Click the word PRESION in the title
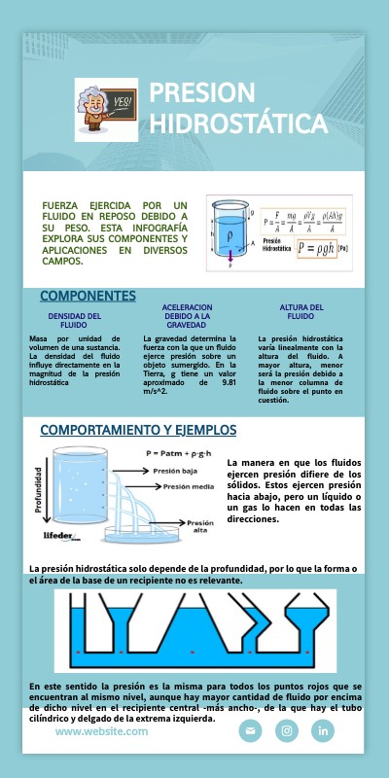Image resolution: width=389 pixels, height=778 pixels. point(201,92)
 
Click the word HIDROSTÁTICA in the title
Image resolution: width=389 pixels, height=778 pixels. point(237,124)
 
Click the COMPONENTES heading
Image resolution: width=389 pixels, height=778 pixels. point(88,296)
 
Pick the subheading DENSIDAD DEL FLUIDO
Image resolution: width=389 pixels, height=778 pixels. point(74,320)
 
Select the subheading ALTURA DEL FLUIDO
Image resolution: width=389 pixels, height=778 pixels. point(301,311)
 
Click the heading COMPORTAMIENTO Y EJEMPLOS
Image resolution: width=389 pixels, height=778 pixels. point(138,430)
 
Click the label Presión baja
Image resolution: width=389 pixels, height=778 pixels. point(176,470)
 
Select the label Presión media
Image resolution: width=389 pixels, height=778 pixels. point(189,486)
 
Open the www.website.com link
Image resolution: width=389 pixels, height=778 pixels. point(94,731)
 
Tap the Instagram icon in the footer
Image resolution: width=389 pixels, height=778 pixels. point(287,730)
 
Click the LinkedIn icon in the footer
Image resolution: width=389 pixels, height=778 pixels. point(323,730)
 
